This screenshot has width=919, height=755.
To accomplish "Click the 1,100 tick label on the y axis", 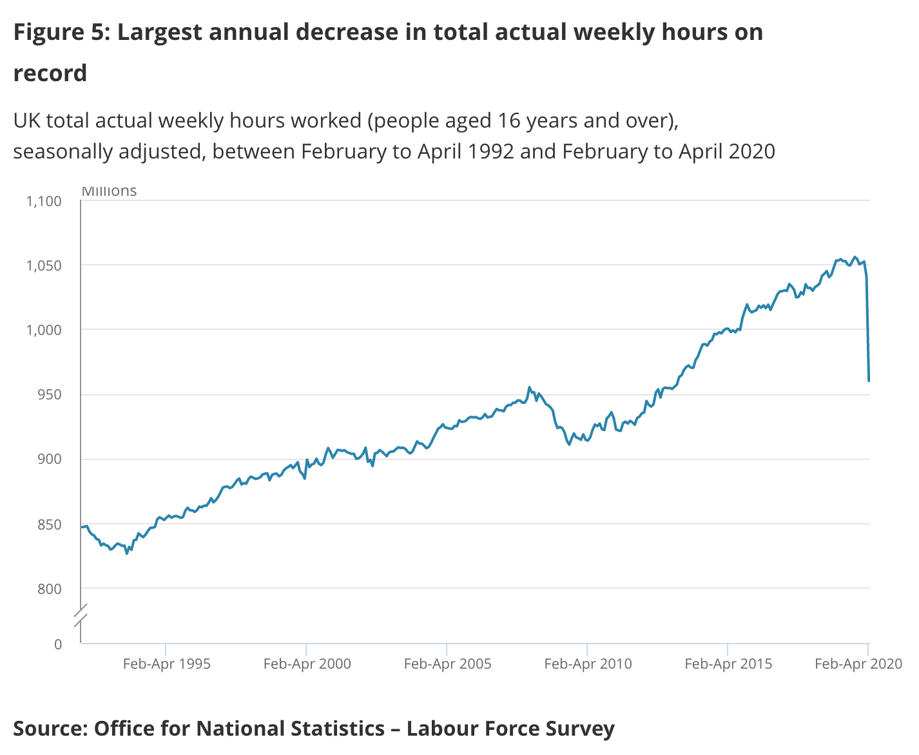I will [x=44, y=201].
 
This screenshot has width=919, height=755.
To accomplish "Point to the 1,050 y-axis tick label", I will [x=44, y=265].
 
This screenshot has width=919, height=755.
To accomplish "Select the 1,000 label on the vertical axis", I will [x=44, y=330].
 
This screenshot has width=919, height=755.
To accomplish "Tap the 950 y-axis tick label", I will [x=49, y=394].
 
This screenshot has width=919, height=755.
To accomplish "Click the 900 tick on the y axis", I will [x=49, y=459].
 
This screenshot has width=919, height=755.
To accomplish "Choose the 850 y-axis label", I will [x=49, y=524].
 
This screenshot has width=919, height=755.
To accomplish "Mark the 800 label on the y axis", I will [x=49, y=589].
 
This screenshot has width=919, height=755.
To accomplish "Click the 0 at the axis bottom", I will [x=58, y=644].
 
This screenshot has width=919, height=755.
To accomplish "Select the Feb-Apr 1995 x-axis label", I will [x=166, y=664].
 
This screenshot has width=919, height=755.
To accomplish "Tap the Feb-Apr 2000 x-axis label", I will [x=307, y=664].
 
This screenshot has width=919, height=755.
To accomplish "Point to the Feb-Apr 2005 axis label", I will [x=447, y=664].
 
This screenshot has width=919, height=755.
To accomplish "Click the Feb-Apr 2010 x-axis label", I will [x=588, y=664].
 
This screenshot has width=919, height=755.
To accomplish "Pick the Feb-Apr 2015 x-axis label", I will [x=728, y=664].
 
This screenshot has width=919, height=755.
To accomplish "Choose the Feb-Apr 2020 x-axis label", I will [x=858, y=664].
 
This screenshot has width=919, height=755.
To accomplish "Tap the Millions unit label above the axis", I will [x=109, y=191].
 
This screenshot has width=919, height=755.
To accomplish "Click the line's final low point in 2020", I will [x=869, y=381].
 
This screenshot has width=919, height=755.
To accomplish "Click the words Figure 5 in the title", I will [x=60, y=32].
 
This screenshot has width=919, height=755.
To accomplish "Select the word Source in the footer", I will [x=49, y=729].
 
